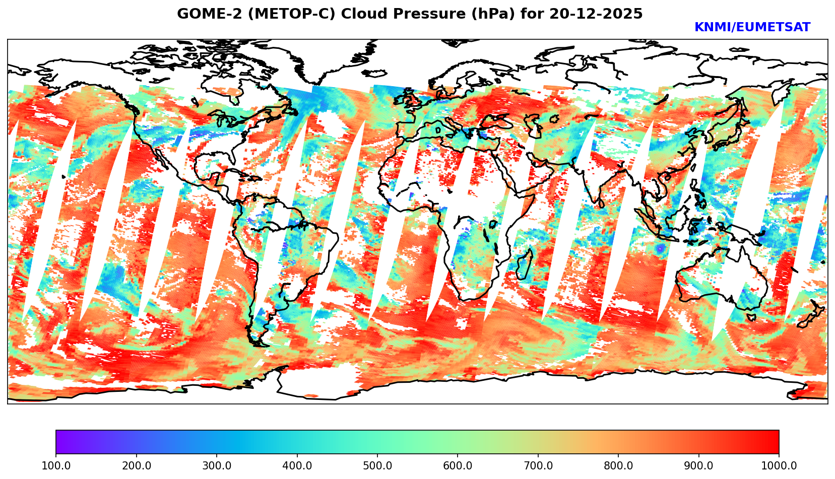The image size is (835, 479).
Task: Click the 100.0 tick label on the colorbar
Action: click(56, 465)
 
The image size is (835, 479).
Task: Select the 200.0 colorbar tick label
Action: click(137, 465)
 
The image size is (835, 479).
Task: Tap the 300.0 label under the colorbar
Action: click(217, 465)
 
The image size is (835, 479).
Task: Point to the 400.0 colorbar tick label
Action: click(297, 465)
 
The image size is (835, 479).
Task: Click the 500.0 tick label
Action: click(377, 465)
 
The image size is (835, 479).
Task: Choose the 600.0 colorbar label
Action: click(458, 465)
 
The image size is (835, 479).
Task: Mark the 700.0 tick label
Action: click(538, 465)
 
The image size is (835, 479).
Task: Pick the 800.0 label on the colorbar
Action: click(618, 465)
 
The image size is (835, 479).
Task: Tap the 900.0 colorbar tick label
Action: click(699, 465)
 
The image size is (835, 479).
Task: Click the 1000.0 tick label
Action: click(779, 465)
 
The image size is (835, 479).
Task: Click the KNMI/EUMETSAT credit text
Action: click(752, 28)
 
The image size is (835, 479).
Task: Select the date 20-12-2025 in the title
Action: click(596, 14)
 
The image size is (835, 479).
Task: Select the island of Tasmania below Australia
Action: click(751, 317)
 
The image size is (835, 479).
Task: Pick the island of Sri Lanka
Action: click(602, 203)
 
